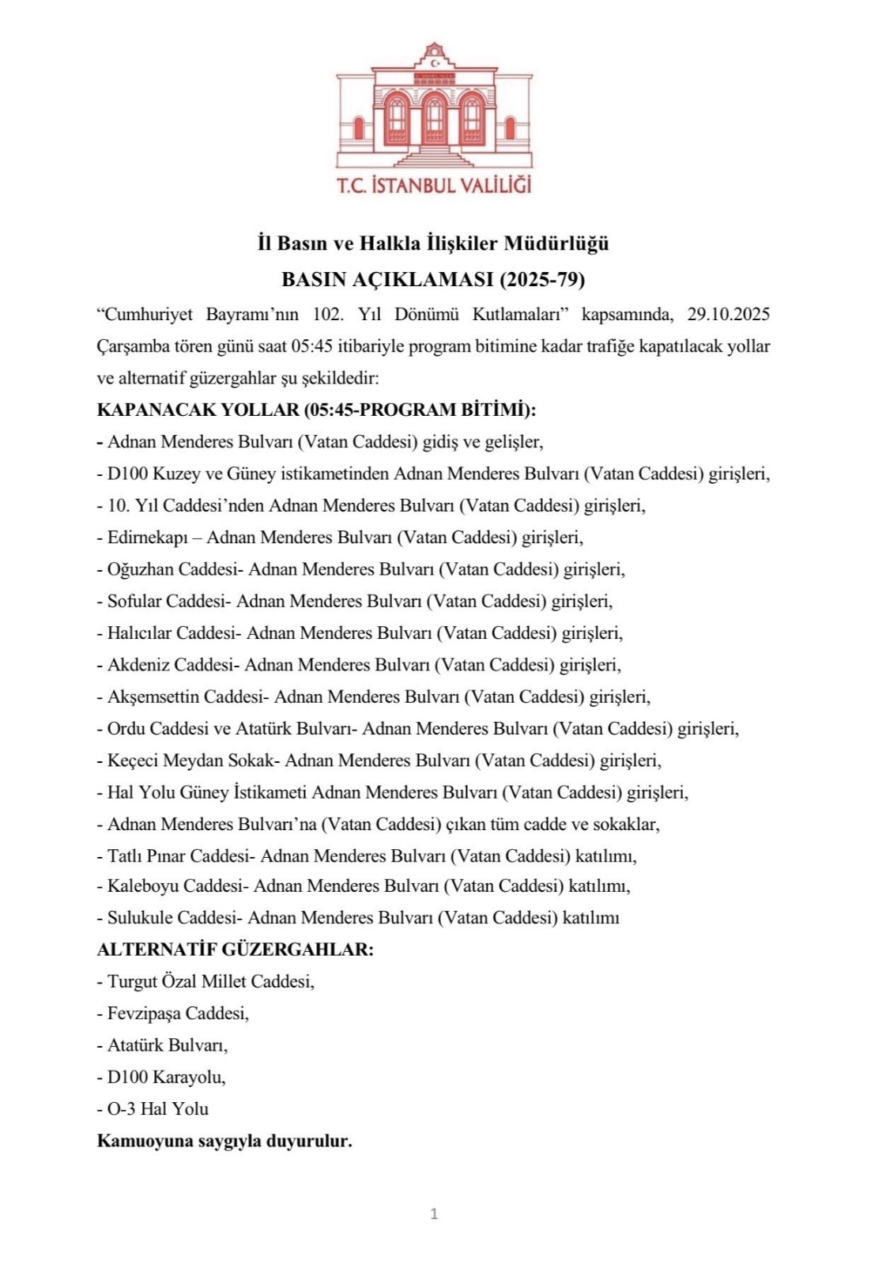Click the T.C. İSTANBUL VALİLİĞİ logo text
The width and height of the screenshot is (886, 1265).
[434, 186]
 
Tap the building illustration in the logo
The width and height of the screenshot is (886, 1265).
[434, 107]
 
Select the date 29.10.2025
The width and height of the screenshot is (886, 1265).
[728, 314]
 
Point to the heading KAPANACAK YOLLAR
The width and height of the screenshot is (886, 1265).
[198, 410]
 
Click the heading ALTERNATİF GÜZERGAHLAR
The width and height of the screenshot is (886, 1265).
[235, 949]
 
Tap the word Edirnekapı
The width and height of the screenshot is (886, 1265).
[148, 538]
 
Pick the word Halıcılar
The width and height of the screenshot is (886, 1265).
[138, 632]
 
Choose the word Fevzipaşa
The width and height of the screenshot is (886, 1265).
[144, 1013]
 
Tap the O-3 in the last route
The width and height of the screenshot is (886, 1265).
[121, 1108]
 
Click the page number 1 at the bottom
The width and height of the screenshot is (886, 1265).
[434, 1214]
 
